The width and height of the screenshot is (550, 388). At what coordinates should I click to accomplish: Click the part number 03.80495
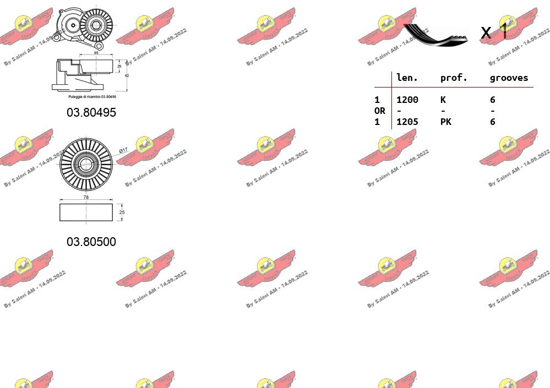coord(91,112)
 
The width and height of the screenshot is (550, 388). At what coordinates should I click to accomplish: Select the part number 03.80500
coord(91,242)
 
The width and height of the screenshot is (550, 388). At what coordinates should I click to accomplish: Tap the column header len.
coord(407,78)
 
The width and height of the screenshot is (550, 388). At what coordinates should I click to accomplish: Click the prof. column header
coord(454,78)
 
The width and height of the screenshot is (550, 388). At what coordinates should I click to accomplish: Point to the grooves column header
coord(509,78)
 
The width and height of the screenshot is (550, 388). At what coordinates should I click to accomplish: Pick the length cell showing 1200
coord(407,100)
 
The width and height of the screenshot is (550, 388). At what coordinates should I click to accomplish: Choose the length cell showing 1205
coord(407,122)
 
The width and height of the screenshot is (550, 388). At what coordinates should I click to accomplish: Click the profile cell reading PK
coord(446,122)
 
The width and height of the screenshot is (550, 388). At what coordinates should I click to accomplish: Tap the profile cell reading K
coord(443,100)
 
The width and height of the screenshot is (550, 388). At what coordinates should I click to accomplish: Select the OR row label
coord(380,111)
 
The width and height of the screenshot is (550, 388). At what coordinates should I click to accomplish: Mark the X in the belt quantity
coord(486,33)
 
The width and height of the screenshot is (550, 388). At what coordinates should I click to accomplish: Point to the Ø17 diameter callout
coord(123,150)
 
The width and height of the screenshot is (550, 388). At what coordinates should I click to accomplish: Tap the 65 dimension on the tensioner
coord(96,53)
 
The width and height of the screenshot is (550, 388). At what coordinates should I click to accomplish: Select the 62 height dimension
coord(127,75)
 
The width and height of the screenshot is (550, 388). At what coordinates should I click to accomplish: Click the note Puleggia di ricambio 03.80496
coord(92,96)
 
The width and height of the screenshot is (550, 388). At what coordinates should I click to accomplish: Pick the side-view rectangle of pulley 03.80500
coord(86,212)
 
